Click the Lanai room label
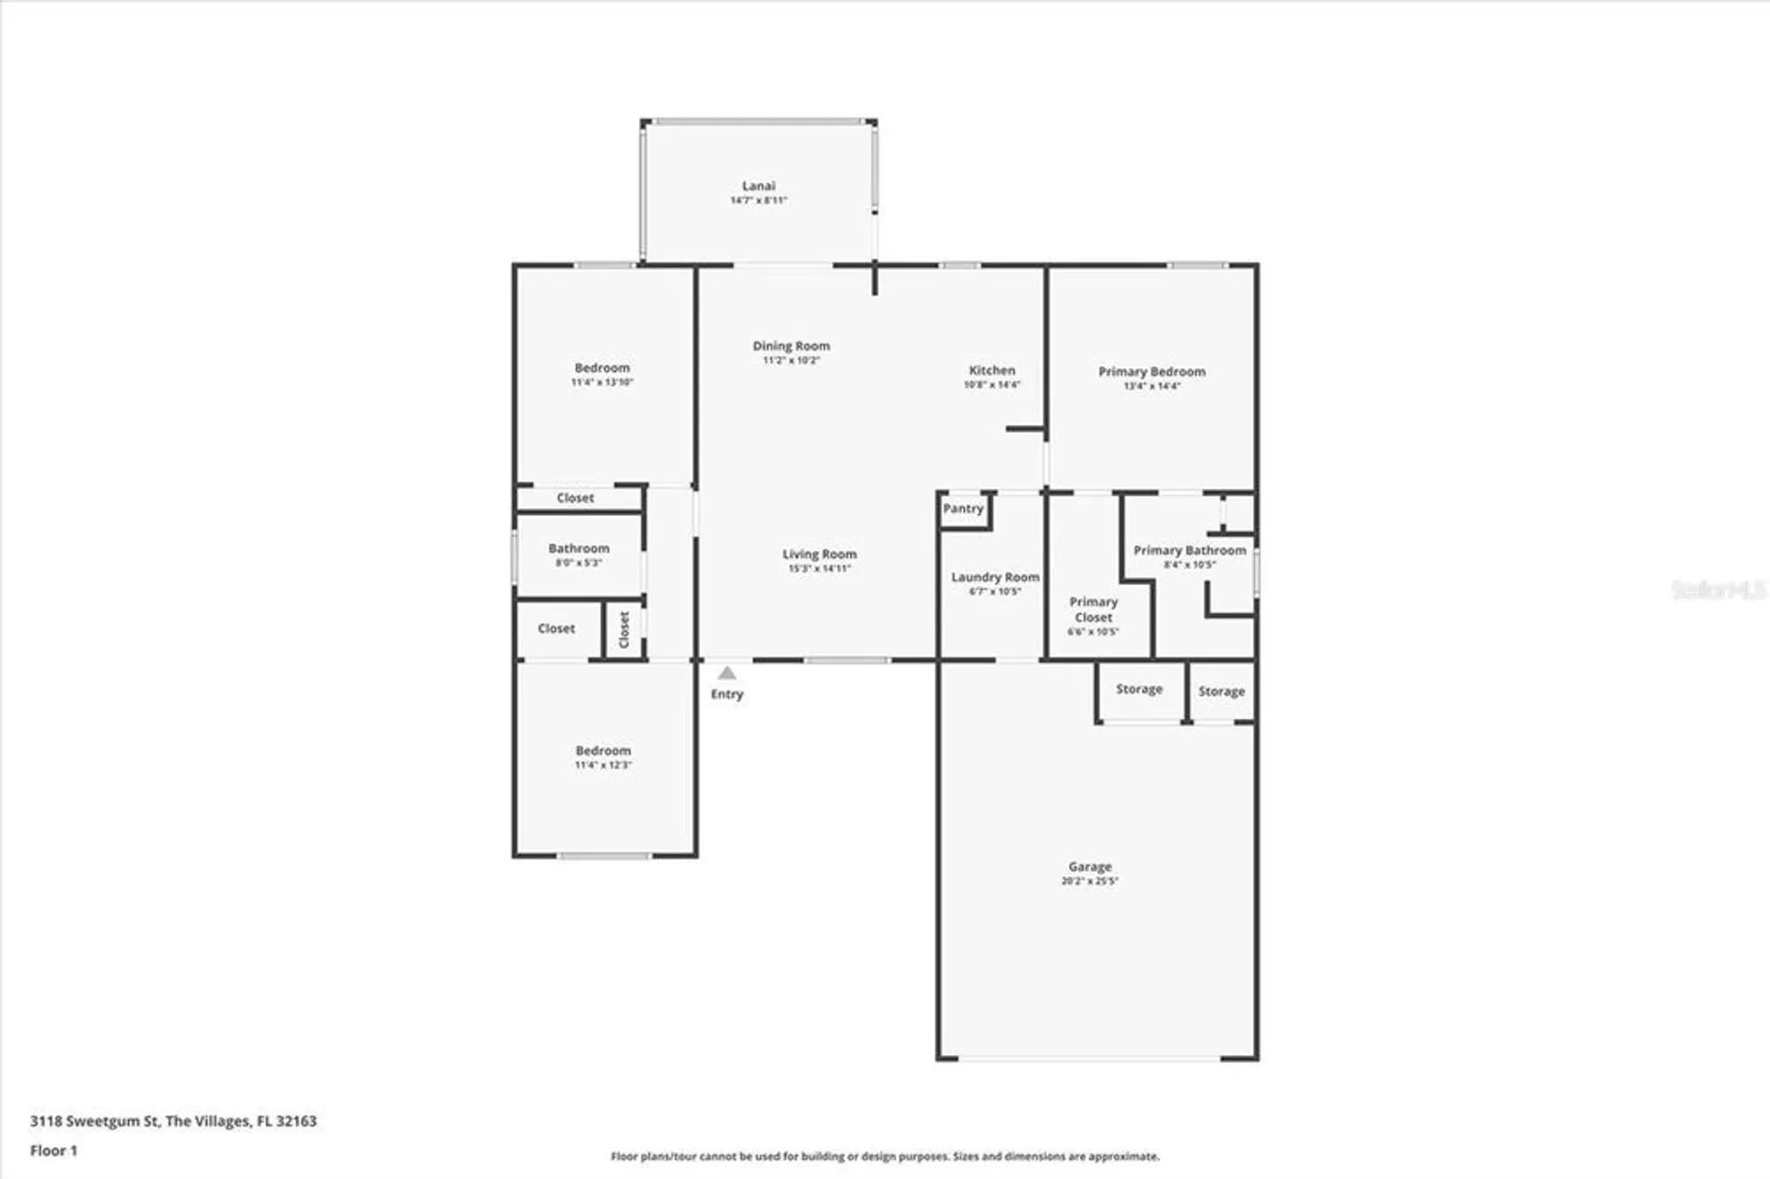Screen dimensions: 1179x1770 pos(758,186)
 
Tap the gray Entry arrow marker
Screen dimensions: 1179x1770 pos(727,674)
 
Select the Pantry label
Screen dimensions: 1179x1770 pos(963,509)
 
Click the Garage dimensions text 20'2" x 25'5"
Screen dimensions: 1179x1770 pos(1089,882)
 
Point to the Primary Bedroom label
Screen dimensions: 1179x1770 pos(1151,372)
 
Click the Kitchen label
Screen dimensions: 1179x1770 pos(991,370)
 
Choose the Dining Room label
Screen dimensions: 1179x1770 pos(791,346)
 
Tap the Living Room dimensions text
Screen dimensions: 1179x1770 pos(820,569)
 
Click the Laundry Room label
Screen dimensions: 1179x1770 pos(995,577)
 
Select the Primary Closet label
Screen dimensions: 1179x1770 pos(1093,610)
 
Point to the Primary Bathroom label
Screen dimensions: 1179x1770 pos(1189,551)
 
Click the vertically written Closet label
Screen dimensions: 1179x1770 pos(624,629)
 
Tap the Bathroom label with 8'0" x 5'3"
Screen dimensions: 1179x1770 pos(579,549)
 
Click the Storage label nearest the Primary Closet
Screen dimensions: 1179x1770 pos(1139,689)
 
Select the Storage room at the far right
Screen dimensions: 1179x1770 pos(1221,691)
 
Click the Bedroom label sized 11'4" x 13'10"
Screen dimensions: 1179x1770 pos(602,367)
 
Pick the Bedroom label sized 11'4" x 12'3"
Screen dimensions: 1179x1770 pos(603,751)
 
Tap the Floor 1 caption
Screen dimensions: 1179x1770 pos(54,1151)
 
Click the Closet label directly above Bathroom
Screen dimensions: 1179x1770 pos(575,498)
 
